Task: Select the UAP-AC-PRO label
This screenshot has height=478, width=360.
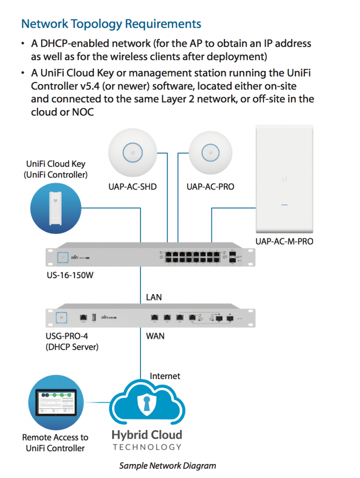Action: point(210,187)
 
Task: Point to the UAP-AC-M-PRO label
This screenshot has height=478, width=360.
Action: point(284,241)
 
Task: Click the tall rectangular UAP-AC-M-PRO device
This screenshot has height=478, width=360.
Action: point(284,179)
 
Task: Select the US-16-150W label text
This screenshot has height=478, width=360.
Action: point(70,275)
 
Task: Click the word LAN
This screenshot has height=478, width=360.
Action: point(154,297)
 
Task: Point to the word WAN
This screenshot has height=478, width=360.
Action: point(155,336)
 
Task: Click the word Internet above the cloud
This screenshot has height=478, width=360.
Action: point(165,376)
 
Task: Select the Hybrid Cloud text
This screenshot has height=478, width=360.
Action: point(147,435)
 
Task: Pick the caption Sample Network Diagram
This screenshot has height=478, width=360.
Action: point(167,465)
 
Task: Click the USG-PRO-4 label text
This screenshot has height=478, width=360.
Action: point(65,336)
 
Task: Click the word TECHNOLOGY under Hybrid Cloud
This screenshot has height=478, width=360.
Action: point(147,447)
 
